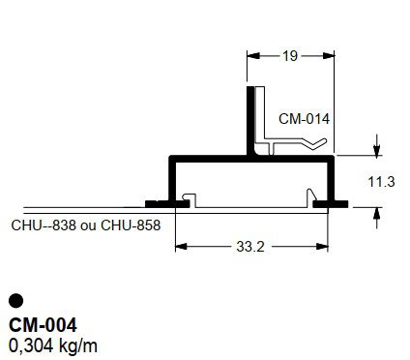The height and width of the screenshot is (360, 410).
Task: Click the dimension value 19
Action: coord(290,56)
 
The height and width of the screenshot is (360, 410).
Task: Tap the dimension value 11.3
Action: coord(382,181)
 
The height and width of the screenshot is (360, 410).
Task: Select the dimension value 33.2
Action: coord(249,246)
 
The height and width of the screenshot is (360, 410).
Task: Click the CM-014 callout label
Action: coord(304,119)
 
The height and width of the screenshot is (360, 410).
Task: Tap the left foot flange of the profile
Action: coord(159,203)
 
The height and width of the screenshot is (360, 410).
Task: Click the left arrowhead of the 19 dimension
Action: coord(253,56)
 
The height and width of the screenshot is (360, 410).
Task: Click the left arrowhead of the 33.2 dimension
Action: coord(179,246)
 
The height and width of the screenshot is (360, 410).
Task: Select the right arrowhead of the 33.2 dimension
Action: coord(322,246)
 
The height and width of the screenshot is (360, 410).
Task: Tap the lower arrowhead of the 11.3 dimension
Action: coord(376,211)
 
